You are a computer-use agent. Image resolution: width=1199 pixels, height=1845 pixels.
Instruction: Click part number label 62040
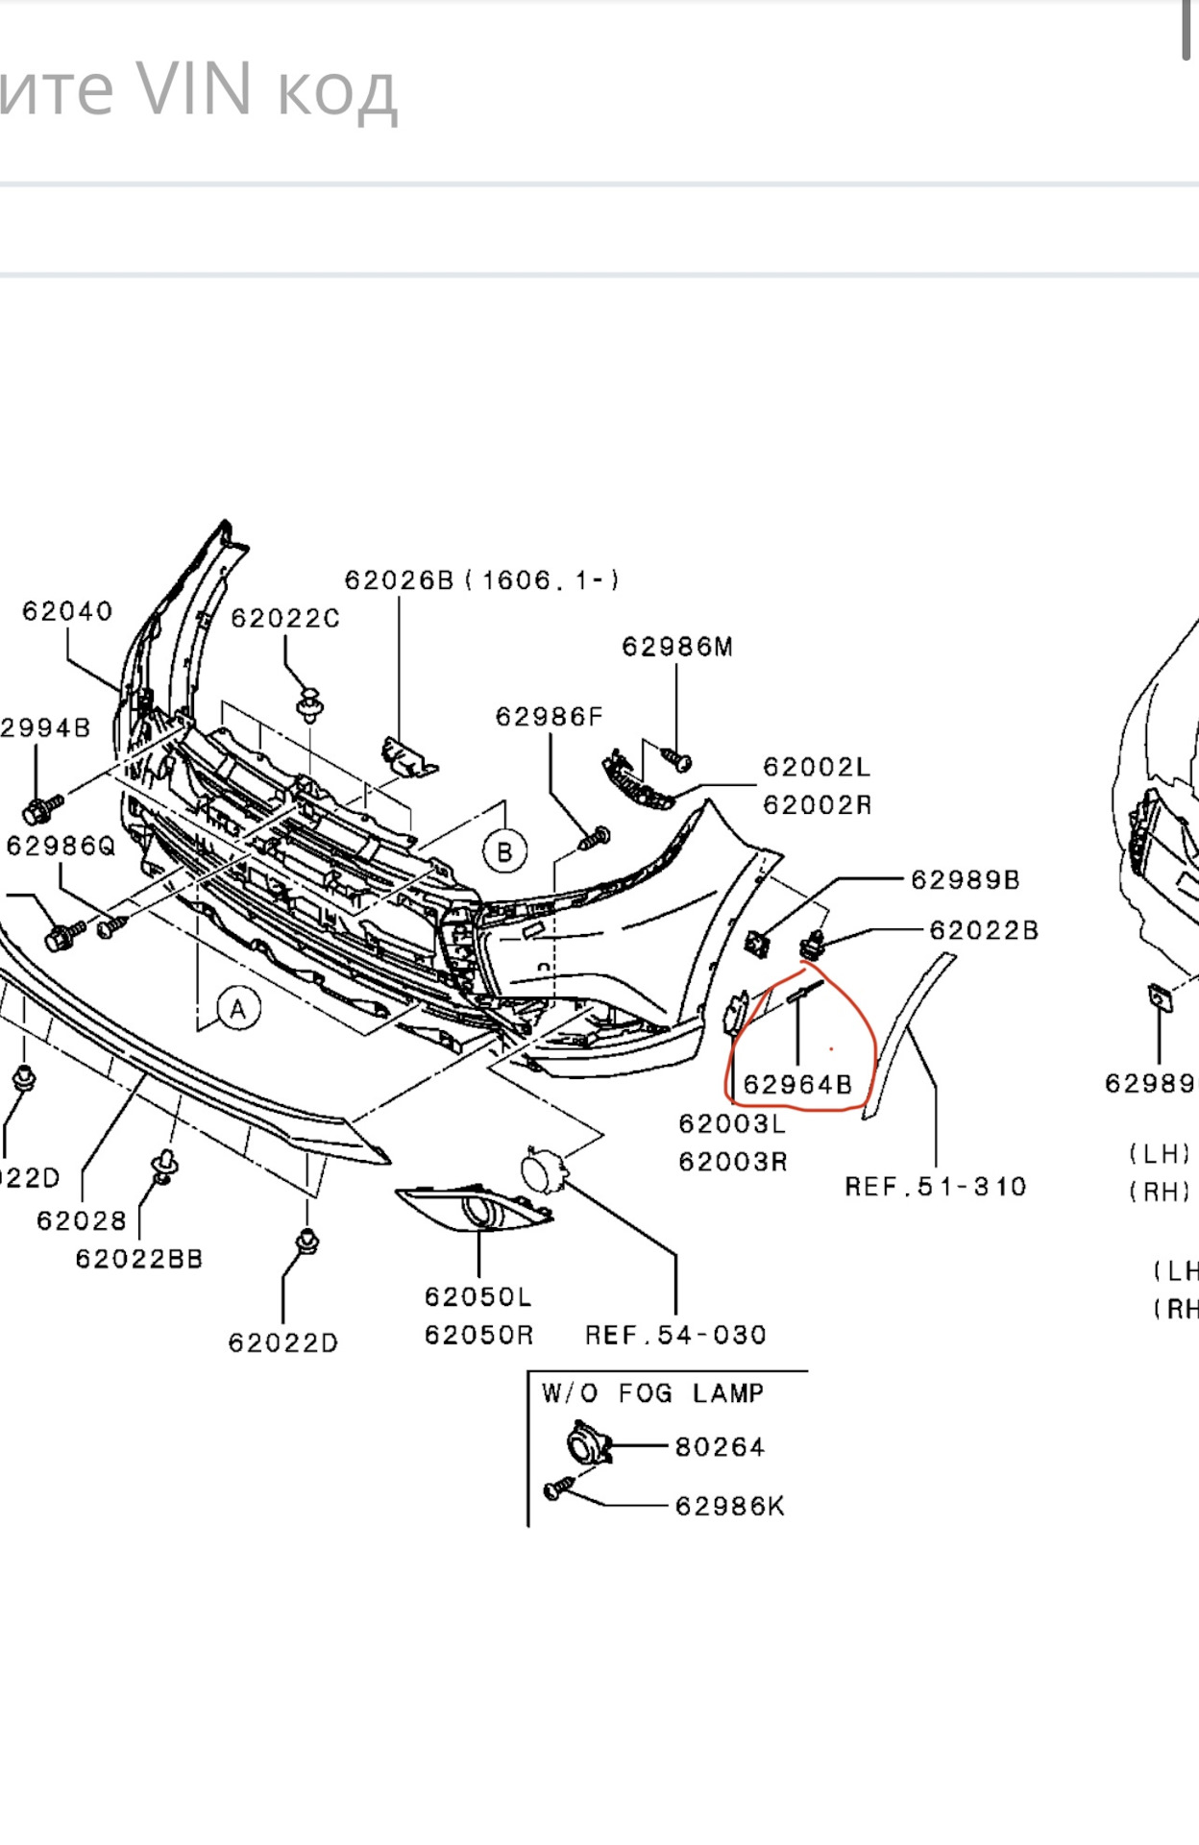tap(67, 611)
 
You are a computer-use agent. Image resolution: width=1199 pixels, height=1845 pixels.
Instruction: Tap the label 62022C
tap(285, 619)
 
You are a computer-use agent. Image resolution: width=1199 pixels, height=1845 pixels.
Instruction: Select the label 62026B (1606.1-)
tap(481, 580)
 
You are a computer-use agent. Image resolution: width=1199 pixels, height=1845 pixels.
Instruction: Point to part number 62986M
tap(677, 647)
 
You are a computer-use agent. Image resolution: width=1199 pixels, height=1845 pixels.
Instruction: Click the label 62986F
tap(550, 717)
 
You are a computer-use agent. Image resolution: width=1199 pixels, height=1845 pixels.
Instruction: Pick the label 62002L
tap(817, 767)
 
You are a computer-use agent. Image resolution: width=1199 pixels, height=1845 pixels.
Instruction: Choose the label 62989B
tap(965, 880)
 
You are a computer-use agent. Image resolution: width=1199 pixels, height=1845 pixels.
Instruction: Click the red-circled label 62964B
tap(797, 1085)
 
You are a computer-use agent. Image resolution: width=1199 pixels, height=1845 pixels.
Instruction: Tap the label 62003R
tap(733, 1162)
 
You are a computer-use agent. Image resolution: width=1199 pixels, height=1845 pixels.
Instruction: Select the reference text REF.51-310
tap(936, 1187)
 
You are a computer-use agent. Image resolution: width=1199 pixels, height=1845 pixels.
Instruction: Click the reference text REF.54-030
tap(675, 1335)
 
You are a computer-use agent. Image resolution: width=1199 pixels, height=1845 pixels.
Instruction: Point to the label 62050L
tap(477, 1297)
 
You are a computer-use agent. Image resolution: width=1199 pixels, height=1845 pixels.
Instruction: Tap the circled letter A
tap(238, 1010)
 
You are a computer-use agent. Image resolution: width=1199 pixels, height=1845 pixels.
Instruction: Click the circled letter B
tap(504, 852)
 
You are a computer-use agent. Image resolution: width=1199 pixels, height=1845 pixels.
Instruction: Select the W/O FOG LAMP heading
tap(652, 1393)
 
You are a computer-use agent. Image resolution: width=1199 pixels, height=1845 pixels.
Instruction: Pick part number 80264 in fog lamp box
tap(720, 1447)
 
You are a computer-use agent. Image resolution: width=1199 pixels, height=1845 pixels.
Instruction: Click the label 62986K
tap(729, 1506)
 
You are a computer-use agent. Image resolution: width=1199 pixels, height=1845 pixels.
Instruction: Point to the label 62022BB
tap(139, 1259)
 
